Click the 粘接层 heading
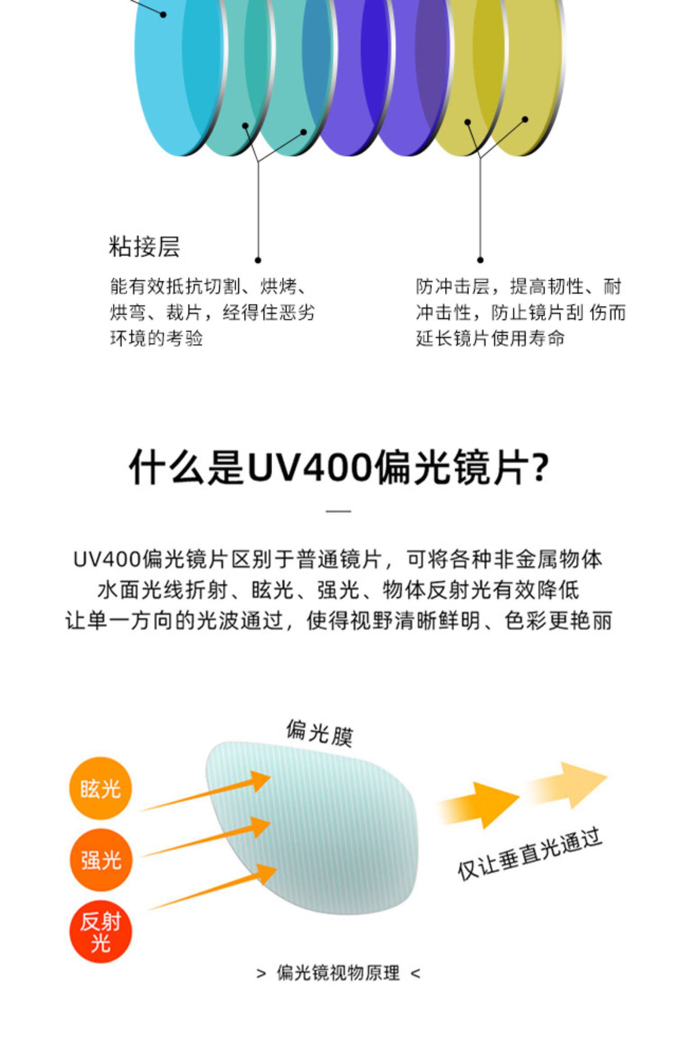click(x=144, y=247)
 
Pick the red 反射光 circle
click(x=101, y=931)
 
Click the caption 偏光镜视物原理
click(x=338, y=973)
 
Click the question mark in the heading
click(x=538, y=467)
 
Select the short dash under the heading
click(x=338, y=511)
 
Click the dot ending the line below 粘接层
click(x=258, y=260)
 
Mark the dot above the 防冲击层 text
click(x=480, y=260)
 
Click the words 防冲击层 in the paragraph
click(x=453, y=287)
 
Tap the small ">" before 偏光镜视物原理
click(x=261, y=974)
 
